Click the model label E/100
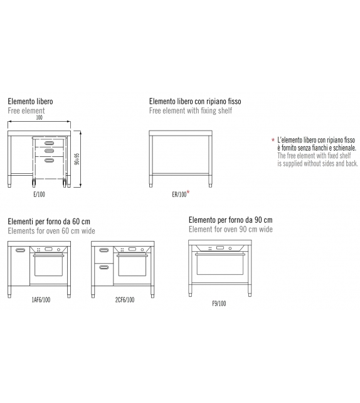[x=39, y=195]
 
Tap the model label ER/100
[x=179, y=195]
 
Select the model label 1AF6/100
[x=41, y=299]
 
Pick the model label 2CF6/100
[x=125, y=299]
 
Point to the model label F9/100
[x=219, y=304]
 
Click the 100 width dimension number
[x=39, y=117]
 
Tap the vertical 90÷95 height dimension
[x=78, y=159]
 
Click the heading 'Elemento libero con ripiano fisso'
[x=195, y=101]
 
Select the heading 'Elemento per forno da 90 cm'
[x=231, y=220]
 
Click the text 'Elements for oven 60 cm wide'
[x=51, y=231]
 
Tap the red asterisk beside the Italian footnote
[x=273, y=140]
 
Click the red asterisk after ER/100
[x=188, y=192]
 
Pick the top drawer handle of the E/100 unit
[x=49, y=143]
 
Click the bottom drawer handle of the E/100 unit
[x=49, y=160]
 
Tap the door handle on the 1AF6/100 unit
[x=20, y=250]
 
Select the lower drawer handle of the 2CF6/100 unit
[x=103, y=267]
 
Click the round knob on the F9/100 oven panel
[x=230, y=249]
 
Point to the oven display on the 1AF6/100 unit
[x=48, y=249]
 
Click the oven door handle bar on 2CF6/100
[x=132, y=255]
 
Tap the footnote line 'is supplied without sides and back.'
[x=317, y=163]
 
